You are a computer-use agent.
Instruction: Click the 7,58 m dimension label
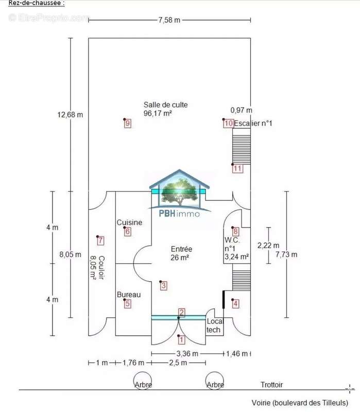169,20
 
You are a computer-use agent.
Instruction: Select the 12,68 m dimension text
70,115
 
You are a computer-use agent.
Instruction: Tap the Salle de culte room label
165,105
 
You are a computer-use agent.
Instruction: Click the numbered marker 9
128,123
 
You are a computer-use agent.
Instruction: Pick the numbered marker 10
229,123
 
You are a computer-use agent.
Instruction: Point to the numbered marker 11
237,168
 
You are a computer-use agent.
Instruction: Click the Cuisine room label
129,222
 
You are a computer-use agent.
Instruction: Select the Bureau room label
128,295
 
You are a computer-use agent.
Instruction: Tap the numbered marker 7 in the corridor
100,241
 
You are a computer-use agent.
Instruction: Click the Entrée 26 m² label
181,253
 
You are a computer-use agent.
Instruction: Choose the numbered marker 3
163,286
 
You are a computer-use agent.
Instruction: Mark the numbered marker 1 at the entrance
181,340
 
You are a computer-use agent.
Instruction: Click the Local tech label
214,325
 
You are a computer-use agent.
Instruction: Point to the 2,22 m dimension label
268,246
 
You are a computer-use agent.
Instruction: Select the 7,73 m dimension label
286,254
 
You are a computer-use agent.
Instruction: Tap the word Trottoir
272,385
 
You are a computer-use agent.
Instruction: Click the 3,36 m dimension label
187,354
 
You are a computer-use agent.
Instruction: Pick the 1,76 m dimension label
133,363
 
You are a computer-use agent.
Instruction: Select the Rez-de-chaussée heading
37,3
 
